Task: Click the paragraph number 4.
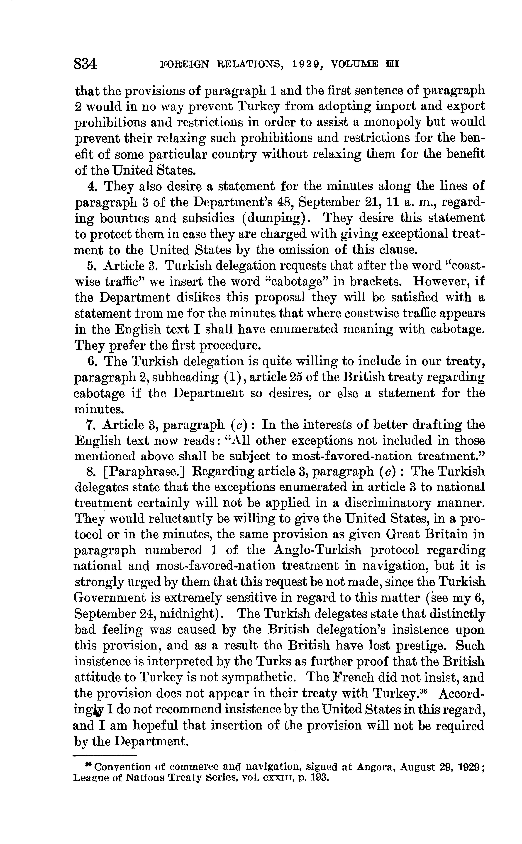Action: coord(91,187)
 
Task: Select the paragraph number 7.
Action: coord(91,425)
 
